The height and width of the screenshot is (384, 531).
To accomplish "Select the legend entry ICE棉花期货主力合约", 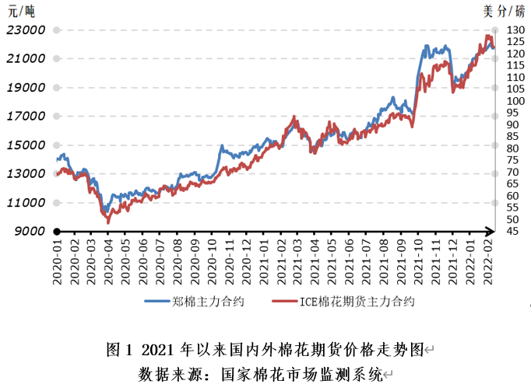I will (357, 300).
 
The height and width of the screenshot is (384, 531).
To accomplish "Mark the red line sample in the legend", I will (286, 300).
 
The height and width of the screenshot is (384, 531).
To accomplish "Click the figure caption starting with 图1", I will (265, 349).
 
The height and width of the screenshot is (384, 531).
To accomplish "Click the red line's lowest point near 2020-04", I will (108, 223).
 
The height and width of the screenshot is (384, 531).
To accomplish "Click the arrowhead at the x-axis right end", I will (490, 231).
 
